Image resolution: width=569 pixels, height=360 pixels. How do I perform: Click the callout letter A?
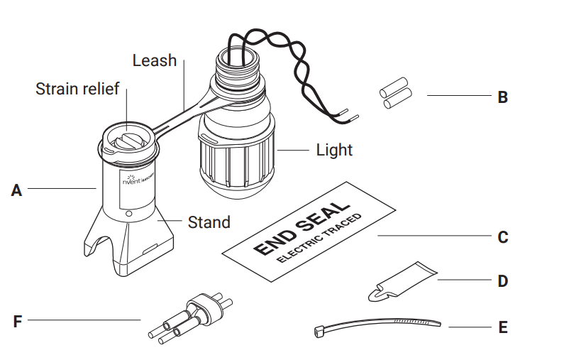17,190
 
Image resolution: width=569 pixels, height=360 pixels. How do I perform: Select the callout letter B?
502,97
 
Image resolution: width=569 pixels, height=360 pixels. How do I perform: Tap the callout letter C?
502,236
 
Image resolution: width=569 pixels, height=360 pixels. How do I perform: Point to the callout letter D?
502,281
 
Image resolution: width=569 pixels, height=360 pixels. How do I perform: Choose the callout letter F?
17,321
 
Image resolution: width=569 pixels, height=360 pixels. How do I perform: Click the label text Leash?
154,61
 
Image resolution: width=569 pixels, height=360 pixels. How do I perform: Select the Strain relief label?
77,89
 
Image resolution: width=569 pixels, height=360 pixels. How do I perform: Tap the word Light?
334,151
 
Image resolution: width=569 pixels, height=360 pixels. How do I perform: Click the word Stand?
209,222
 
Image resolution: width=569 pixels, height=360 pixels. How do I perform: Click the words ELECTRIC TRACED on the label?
319,238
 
